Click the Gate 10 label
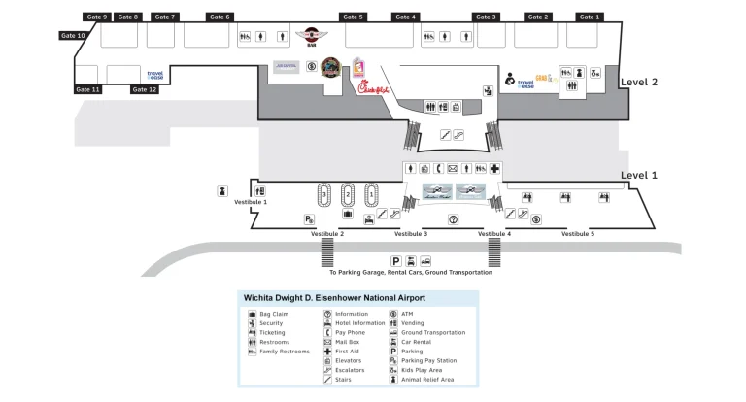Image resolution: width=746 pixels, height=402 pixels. coord(74,36)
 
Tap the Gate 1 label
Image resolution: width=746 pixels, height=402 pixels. coord(590,17)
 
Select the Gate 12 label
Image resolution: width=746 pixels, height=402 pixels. coord(145,89)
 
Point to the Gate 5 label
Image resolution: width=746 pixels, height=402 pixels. coord(354,17)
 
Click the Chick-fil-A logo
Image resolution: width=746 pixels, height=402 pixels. coord(374,89)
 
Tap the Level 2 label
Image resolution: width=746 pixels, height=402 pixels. coord(639,83)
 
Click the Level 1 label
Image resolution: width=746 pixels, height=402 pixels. coord(639,176)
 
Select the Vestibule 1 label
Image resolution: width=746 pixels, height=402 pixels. coord(251,202)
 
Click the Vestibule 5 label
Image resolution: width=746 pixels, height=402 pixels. coord(578,234)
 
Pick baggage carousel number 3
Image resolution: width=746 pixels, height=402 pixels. coord(323,195)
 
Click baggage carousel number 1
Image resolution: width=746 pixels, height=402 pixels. coord(370,195)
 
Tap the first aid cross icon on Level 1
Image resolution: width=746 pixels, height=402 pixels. coord(494,169)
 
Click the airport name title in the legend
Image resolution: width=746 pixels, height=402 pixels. coord(333,297)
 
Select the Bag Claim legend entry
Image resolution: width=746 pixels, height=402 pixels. coord(273,314)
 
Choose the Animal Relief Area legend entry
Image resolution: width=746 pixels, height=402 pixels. coord(427,379)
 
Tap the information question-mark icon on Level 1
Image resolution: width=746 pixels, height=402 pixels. coord(453,219)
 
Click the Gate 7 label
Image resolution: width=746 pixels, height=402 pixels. coord(166,17)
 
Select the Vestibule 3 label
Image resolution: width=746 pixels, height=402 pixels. coord(411,234)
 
